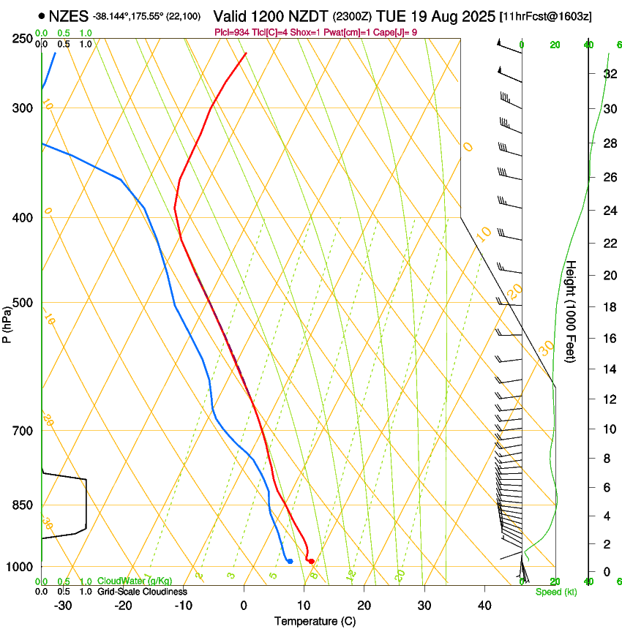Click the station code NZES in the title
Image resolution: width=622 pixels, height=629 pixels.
70,15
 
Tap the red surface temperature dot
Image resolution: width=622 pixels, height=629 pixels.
312,561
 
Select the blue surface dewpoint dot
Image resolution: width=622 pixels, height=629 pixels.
291,561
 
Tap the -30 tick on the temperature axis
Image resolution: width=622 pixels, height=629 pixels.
63,606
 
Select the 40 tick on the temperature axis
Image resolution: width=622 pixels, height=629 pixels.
484,606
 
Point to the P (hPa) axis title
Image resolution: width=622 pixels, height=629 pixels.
7,321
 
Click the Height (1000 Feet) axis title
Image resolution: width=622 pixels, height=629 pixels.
572,311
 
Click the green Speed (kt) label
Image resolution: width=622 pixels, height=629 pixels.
556,592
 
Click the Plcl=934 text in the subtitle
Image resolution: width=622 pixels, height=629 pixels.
232,32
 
